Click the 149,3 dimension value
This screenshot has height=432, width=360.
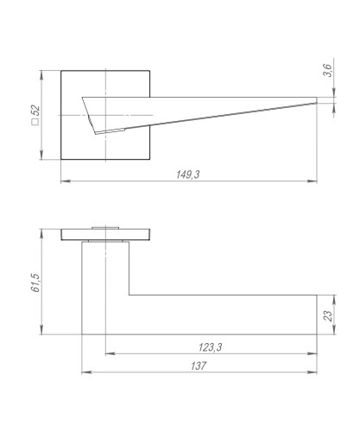(188, 175)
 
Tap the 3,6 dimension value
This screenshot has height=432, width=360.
(327, 70)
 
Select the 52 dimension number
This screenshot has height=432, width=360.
(35, 111)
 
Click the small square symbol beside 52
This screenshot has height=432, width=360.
(35, 122)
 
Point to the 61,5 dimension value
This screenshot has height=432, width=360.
(35, 283)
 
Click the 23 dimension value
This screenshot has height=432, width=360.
(328, 316)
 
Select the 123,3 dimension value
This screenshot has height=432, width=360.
(210, 347)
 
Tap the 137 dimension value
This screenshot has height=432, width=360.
(199, 366)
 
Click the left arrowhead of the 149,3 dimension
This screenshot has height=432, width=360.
(66, 181)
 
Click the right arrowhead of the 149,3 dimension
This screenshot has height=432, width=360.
(312, 181)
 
